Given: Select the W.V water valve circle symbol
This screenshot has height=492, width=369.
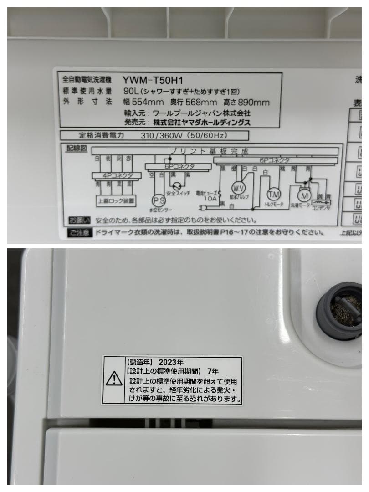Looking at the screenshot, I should [x=238, y=188].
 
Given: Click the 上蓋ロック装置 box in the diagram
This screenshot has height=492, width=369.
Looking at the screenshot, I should [x=116, y=200].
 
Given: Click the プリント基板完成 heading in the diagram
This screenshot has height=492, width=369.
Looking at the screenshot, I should [x=210, y=150].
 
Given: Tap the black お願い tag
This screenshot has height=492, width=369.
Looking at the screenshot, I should [x=80, y=220].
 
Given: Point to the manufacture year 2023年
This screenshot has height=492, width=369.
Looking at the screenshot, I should [x=171, y=363].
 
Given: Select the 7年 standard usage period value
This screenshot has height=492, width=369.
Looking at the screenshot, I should [x=212, y=371].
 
